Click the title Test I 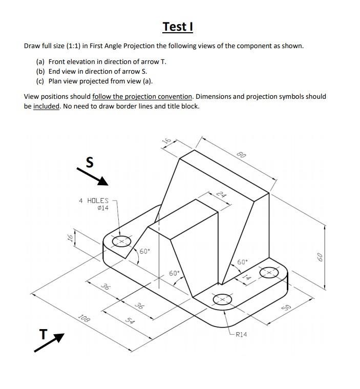pyautogui.click(x=178, y=26)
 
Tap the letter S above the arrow pyautogui.click(x=90, y=163)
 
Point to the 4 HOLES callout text pyautogui.click(x=94, y=201)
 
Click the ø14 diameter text pyautogui.click(x=102, y=208)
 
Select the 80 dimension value pyautogui.click(x=242, y=154)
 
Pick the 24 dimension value pyautogui.click(x=221, y=194)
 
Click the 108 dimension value pyautogui.click(x=84, y=319)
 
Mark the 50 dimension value pyautogui.click(x=287, y=307)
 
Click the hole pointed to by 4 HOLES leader pyautogui.click(x=121, y=241)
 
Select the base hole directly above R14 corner pyautogui.click(x=222, y=298)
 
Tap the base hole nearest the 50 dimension pyautogui.click(x=268, y=273)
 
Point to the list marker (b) pyautogui.click(x=40, y=71)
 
